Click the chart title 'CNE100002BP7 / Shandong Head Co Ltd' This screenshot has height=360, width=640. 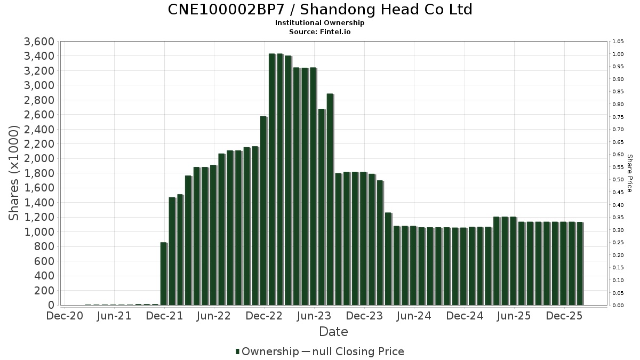click(320, 10)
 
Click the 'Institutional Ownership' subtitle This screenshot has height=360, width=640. click(320, 23)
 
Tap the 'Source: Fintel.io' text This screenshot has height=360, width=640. click(320, 31)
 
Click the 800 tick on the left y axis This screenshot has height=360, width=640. click(45, 246)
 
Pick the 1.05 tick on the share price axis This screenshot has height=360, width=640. click(618, 42)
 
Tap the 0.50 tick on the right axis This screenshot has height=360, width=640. click(618, 180)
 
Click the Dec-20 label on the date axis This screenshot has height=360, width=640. click(64, 316)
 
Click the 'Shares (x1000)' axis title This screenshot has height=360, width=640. click(14, 173)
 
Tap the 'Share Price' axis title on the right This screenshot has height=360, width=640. click(630, 173)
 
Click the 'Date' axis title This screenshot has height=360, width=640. click(333, 332)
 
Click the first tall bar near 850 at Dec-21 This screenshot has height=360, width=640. click(164, 274)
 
